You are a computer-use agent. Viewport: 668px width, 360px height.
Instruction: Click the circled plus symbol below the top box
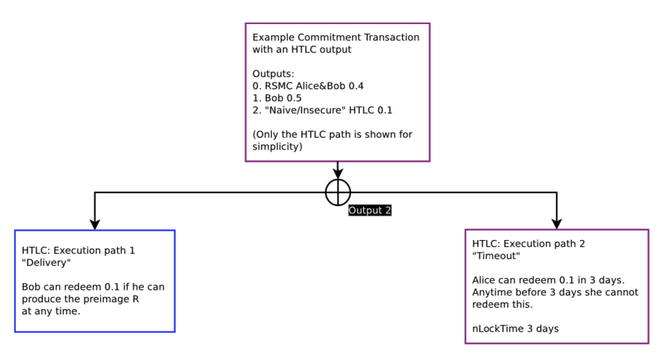coord(337,192)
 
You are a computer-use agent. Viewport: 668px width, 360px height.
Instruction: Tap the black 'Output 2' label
coord(370,210)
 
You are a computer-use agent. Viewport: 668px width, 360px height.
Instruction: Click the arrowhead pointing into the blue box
coord(95,223)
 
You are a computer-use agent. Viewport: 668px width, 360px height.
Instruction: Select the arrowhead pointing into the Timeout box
coord(556,222)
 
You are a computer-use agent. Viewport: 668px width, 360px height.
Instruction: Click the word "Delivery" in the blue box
coord(46,262)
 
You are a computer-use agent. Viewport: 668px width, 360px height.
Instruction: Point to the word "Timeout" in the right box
coord(496,256)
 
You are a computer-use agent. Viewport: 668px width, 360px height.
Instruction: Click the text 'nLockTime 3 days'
coord(515,329)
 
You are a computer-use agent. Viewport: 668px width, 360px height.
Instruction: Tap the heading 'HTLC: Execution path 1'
coord(78,250)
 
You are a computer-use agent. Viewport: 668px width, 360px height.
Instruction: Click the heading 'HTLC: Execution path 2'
coord(529,243)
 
